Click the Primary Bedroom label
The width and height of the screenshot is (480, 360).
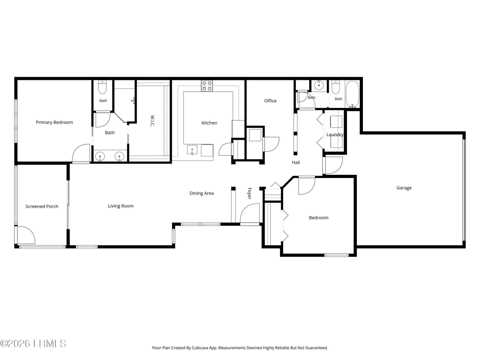tap(54, 122)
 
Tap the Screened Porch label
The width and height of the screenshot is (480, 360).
tap(42, 206)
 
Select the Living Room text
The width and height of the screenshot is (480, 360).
tap(121, 206)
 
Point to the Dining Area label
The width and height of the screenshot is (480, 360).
tap(201, 193)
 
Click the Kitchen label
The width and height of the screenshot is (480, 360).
tap(209, 123)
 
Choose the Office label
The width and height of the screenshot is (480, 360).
tap(270, 101)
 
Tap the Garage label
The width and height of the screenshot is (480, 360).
tap(404, 188)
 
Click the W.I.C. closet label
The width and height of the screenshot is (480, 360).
tap(152, 121)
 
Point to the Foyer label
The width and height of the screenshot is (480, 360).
tap(249, 193)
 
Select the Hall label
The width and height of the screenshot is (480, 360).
tap(296, 162)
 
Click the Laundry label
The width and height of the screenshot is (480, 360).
tap(335, 135)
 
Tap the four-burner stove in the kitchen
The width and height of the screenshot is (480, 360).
tap(207, 86)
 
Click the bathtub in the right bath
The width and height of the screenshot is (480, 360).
tap(352, 94)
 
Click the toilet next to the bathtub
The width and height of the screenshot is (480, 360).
tap(335, 87)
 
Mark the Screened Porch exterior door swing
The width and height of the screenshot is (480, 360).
tap(26, 235)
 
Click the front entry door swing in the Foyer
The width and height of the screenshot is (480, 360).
tap(250, 213)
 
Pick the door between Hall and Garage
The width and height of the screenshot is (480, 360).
tap(333, 165)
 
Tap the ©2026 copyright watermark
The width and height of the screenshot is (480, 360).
tap(33, 343)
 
